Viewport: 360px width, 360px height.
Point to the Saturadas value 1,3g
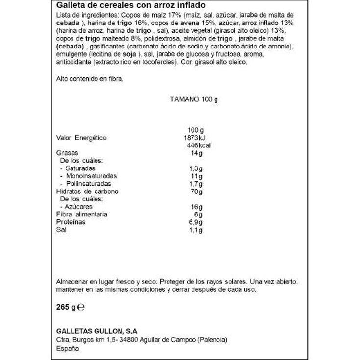click(x=195, y=168)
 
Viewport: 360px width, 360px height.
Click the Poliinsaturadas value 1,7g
click(x=195, y=184)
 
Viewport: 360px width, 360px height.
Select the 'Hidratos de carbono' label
click(x=87, y=192)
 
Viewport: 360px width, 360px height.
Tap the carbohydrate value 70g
click(x=197, y=192)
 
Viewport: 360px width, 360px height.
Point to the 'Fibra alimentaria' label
click(x=82, y=215)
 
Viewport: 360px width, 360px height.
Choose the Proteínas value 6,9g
click(x=195, y=222)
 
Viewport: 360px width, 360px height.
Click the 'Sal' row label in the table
click(x=61, y=230)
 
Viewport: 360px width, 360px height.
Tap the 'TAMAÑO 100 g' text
click(x=193, y=99)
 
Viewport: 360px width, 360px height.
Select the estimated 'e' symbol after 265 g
click(x=82, y=308)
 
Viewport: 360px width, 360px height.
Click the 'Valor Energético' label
click(x=81, y=138)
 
